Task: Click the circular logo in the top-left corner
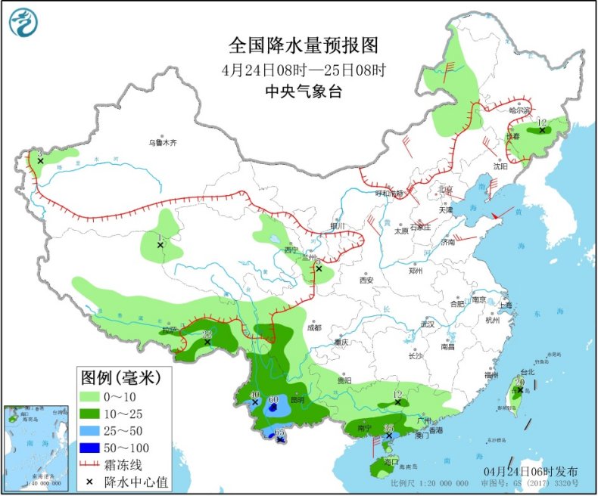pos(24,22)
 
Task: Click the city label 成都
pos(313,327)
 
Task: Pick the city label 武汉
pos(428,324)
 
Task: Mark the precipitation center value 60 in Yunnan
pos(273,399)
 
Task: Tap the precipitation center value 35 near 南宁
pos(388,429)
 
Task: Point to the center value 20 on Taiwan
pos(519,383)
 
